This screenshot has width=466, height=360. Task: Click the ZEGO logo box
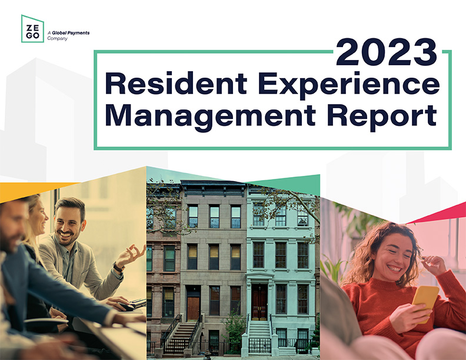pyautogui.click(x=32, y=29)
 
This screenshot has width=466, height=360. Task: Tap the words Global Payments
pyautogui.click(x=71, y=33)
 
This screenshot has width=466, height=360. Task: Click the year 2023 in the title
pyautogui.click(x=386, y=52)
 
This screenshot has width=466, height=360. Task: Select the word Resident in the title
pyautogui.click(x=176, y=83)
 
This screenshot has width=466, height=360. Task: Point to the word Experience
pyautogui.click(x=348, y=85)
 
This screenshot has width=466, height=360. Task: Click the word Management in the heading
pyautogui.click(x=211, y=117)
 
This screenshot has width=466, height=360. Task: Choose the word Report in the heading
pyautogui.click(x=382, y=117)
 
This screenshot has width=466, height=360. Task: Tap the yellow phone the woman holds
pyautogui.click(x=425, y=302)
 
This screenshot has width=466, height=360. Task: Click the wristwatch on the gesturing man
pyautogui.click(x=119, y=267)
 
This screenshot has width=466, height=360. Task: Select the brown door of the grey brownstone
pyautogui.click(x=193, y=308)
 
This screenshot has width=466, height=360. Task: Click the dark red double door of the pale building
pyautogui.click(x=259, y=302)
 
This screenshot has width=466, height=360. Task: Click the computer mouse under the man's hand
pyautogui.click(x=127, y=306)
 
